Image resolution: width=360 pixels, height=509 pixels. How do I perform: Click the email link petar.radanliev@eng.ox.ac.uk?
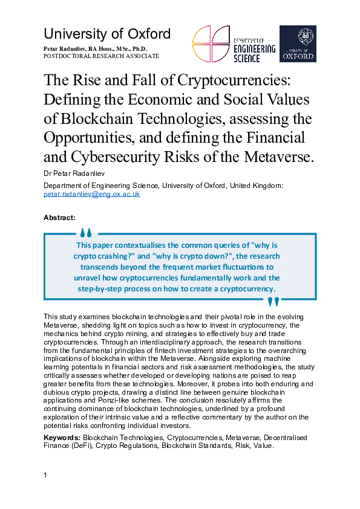point(92,195)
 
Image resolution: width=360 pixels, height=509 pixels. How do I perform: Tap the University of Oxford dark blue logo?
point(298,44)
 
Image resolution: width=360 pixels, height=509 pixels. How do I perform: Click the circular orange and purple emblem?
point(211,44)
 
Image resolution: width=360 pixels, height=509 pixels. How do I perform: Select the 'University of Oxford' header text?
point(107,34)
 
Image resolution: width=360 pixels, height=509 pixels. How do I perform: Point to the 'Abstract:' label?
point(59,217)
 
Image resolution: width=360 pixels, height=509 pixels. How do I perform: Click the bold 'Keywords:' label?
point(62,437)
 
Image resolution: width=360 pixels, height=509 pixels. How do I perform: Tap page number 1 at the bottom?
point(45,476)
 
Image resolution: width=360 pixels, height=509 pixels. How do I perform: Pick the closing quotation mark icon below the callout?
point(273,301)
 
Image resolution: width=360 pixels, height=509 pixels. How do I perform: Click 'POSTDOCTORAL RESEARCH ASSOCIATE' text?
point(101,56)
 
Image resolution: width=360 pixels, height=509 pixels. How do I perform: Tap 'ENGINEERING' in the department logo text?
point(254,49)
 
